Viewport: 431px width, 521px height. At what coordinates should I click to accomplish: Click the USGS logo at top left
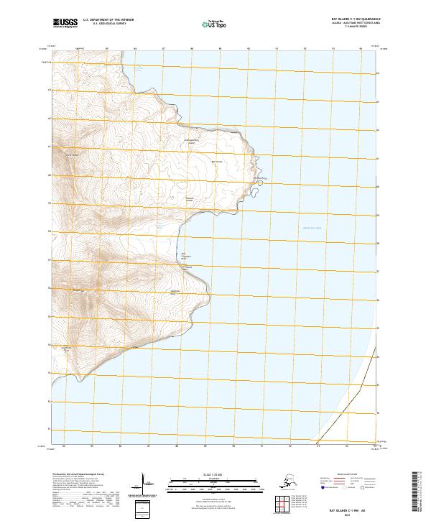tap(65, 24)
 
